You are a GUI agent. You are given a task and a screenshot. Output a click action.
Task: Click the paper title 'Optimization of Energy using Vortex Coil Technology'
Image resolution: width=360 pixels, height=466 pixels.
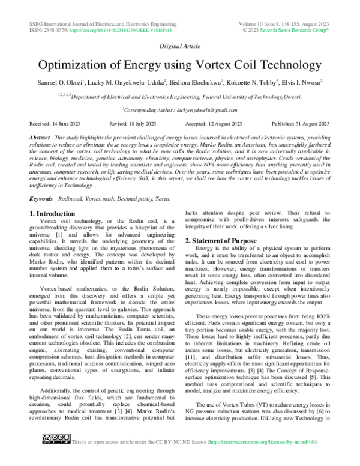click(x=180, y=65)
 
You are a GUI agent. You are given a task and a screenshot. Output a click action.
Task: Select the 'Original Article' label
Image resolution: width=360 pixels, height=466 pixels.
click(x=180, y=46)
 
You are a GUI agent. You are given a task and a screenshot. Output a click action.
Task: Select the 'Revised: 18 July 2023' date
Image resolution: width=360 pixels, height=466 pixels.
click(x=131, y=123)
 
